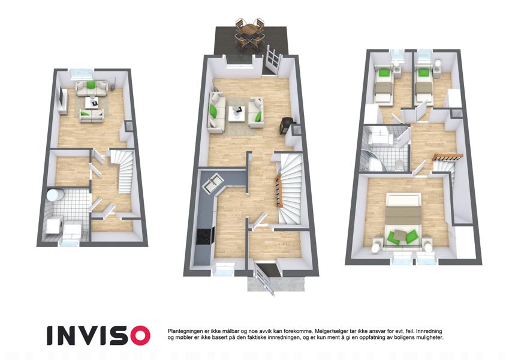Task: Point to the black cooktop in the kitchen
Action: point(205,236)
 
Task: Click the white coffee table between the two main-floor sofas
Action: point(237,113)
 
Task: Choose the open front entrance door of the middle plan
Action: point(264,278)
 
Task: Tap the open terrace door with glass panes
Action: point(272,61)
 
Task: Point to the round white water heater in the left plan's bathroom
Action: point(54,195)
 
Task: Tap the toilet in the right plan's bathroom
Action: point(400,165)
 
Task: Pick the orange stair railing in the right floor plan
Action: point(447,157)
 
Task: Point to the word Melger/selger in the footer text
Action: point(330,331)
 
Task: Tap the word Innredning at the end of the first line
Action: point(429,331)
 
